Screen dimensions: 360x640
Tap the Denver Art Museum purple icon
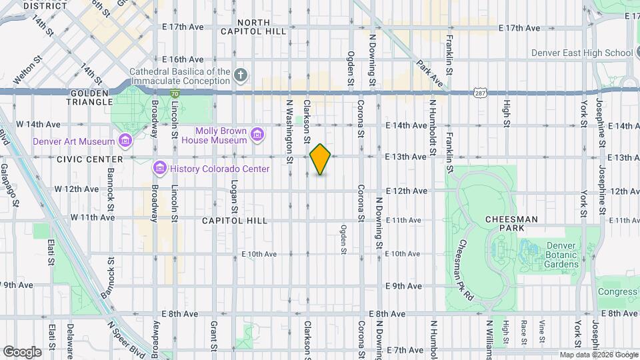125,141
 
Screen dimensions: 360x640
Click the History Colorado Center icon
159,168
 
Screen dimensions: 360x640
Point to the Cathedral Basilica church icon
241,75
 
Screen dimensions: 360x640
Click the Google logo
22,351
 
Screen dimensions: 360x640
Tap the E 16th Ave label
182,59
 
